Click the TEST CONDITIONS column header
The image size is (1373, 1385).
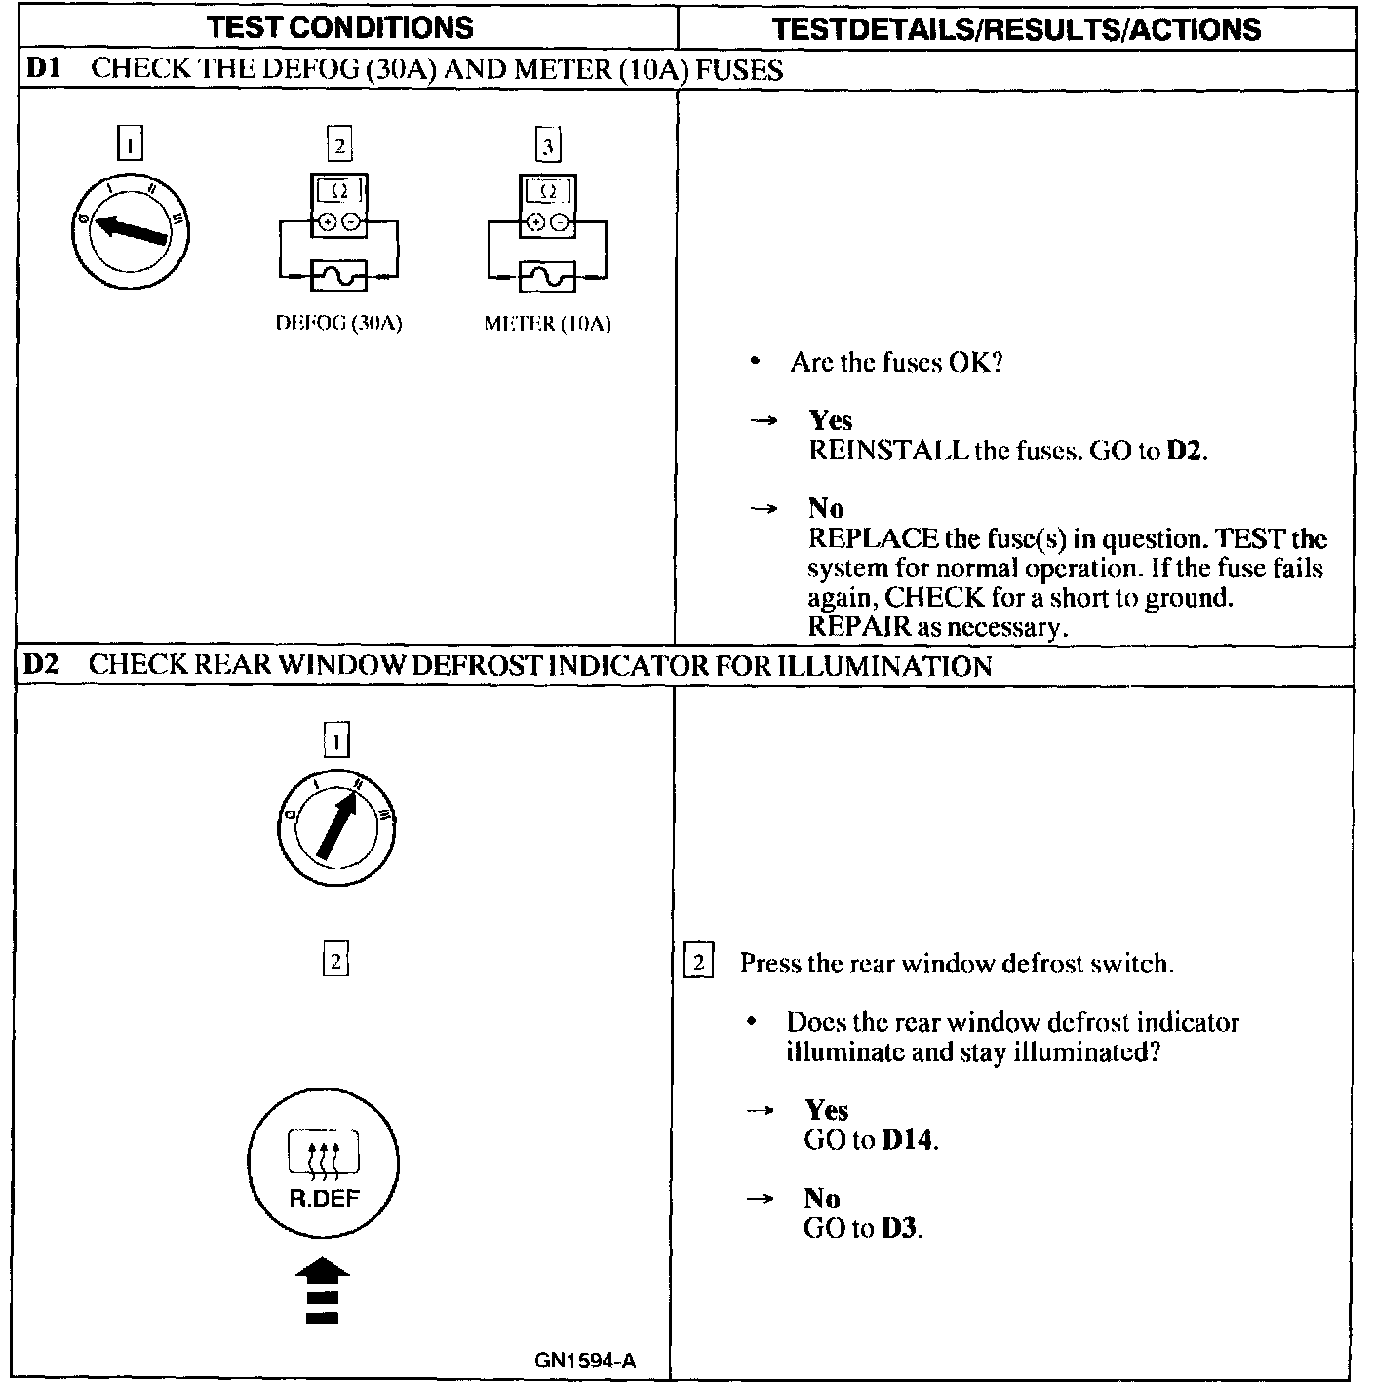[341, 26]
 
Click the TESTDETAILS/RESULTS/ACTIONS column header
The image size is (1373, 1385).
[1016, 28]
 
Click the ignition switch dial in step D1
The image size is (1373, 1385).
[131, 230]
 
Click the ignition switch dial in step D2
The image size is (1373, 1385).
[336, 828]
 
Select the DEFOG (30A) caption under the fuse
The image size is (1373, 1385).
[338, 324]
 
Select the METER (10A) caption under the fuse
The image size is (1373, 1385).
[547, 324]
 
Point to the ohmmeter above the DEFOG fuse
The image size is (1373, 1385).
[338, 205]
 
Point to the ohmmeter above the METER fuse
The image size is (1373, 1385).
[548, 205]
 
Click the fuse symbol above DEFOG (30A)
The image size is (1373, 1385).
[338, 277]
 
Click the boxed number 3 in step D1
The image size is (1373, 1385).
[548, 145]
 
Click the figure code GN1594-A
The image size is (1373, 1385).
[585, 1361]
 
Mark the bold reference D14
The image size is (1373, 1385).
[908, 1140]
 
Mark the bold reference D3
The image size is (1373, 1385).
[900, 1228]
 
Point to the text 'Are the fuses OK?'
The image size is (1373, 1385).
[896, 363]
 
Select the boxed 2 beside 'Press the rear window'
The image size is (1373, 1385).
[698, 963]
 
